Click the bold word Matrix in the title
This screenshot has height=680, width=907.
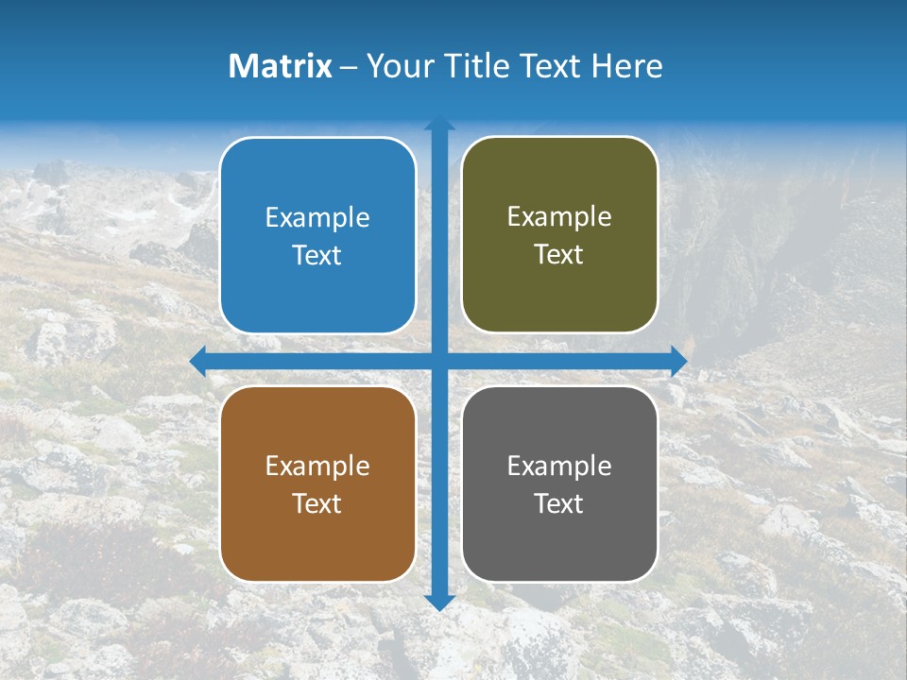(281, 66)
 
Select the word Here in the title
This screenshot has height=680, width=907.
(626, 66)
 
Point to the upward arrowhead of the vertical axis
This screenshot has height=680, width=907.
(439, 124)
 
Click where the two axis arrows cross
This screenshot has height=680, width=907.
(439, 361)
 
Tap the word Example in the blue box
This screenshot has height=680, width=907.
(317, 218)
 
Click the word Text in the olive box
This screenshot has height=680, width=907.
(559, 255)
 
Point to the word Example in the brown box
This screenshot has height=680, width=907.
(317, 467)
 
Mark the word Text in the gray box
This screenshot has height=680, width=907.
(559, 504)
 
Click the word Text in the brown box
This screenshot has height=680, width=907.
(317, 504)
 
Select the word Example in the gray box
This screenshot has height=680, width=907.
(559, 467)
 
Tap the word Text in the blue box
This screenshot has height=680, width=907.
(317, 256)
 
